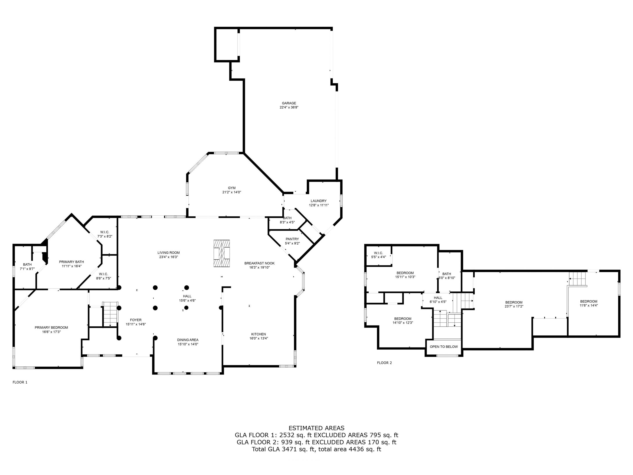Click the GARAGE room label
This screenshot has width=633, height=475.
point(289,103)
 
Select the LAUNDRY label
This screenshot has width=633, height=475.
point(318,201)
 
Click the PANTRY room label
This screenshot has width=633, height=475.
point(292,239)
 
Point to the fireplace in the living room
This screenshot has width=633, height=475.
point(222,253)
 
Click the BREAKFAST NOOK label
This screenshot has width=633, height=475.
point(259,263)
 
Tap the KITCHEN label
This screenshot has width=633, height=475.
point(258,334)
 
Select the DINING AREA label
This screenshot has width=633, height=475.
point(188,340)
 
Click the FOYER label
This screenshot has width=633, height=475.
point(136,320)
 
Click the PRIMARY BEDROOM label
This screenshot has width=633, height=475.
point(51,327)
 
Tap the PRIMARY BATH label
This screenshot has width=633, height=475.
point(71,262)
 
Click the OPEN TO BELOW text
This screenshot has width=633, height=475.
point(444,347)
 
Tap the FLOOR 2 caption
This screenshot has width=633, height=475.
point(384,363)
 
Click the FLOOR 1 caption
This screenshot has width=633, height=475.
point(20,382)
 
